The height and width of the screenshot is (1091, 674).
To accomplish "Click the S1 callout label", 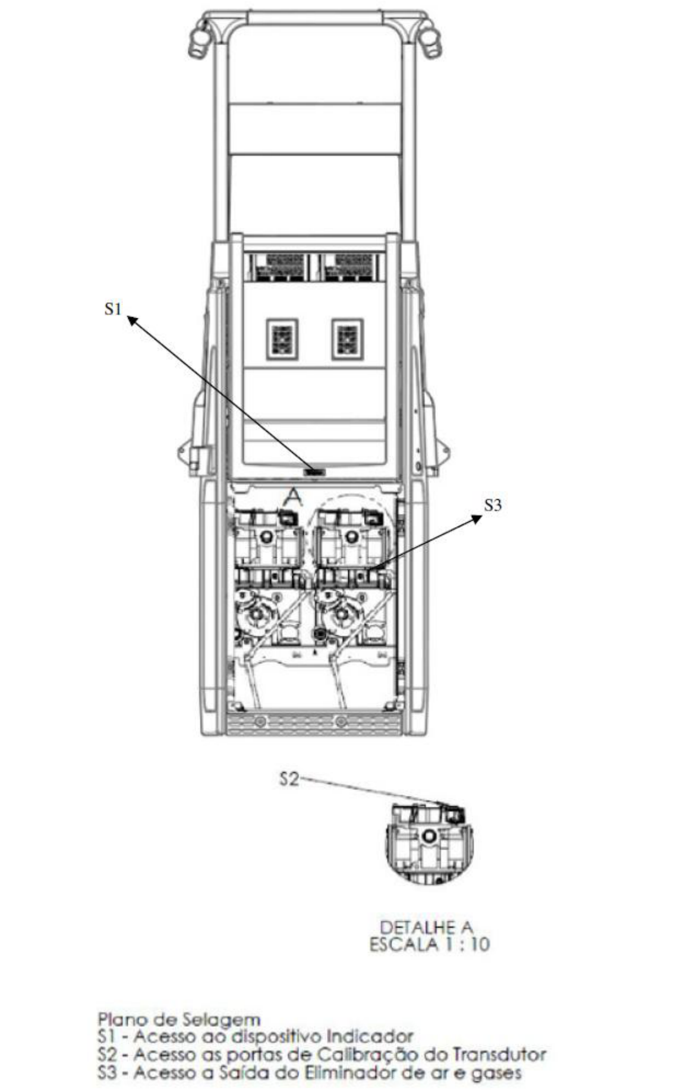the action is click(113, 309).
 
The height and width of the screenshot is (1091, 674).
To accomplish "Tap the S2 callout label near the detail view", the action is click(289, 779).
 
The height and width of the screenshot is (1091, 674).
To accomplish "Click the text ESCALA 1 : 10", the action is click(430, 945).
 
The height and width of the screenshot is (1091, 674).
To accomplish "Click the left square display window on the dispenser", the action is click(282, 339).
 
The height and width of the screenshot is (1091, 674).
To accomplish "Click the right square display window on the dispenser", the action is click(348, 339).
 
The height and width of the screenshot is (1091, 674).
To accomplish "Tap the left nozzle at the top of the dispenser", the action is click(199, 42).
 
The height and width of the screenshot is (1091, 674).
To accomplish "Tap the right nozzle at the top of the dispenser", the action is click(430, 42).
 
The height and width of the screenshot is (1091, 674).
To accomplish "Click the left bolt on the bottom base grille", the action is click(259, 722).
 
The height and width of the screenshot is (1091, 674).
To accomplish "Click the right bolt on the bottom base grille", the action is click(341, 722).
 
